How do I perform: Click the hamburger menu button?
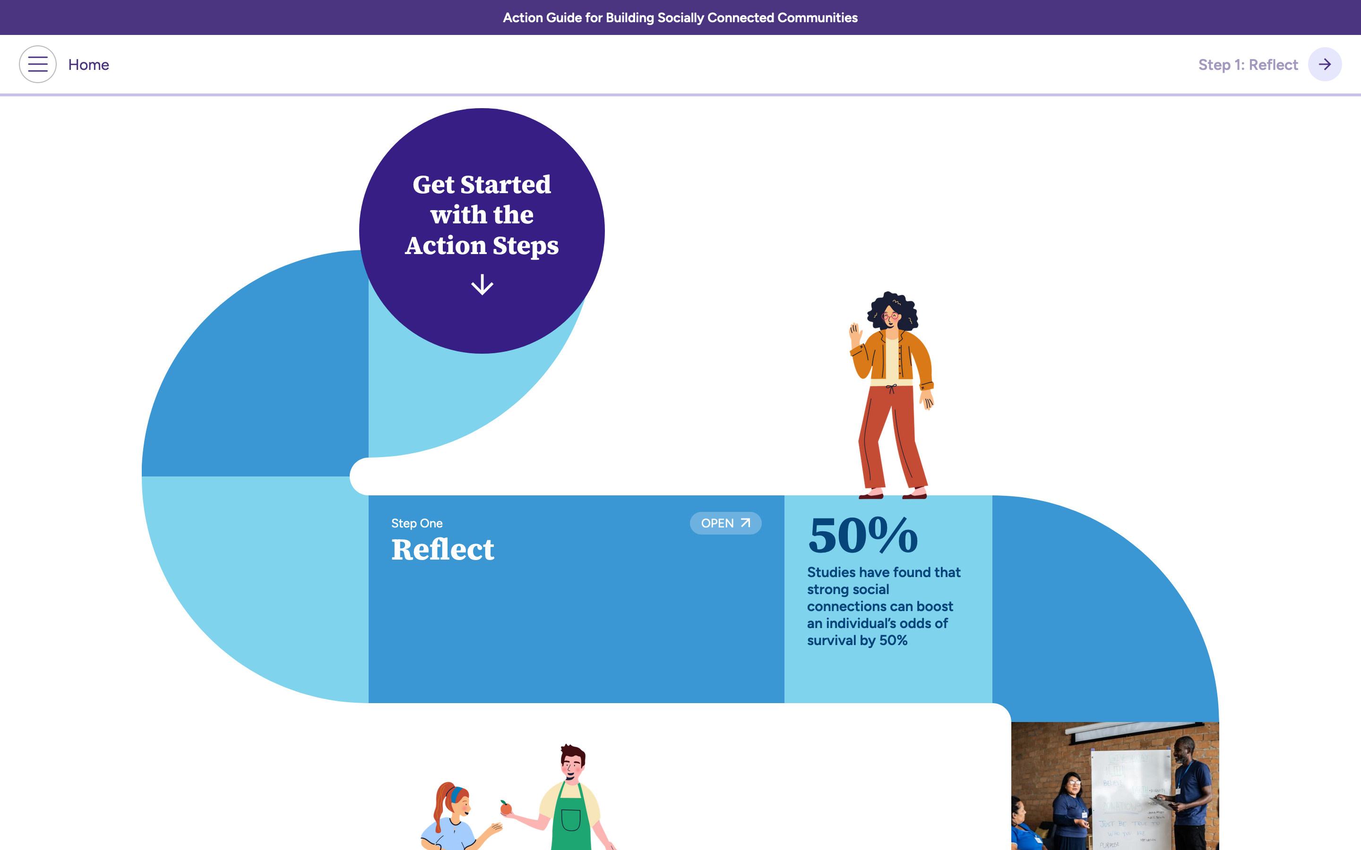pos(38,65)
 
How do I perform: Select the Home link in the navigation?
pos(88,65)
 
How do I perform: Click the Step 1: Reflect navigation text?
pos(1248,65)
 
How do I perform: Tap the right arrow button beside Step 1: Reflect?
pos(1325,65)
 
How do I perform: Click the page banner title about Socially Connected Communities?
pos(680,17)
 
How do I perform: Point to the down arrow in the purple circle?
pos(482,284)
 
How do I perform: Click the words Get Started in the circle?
pos(482,184)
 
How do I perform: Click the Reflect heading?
pos(443,549)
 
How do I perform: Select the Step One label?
pos(417,523)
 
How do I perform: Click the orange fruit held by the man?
pos(506,808)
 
